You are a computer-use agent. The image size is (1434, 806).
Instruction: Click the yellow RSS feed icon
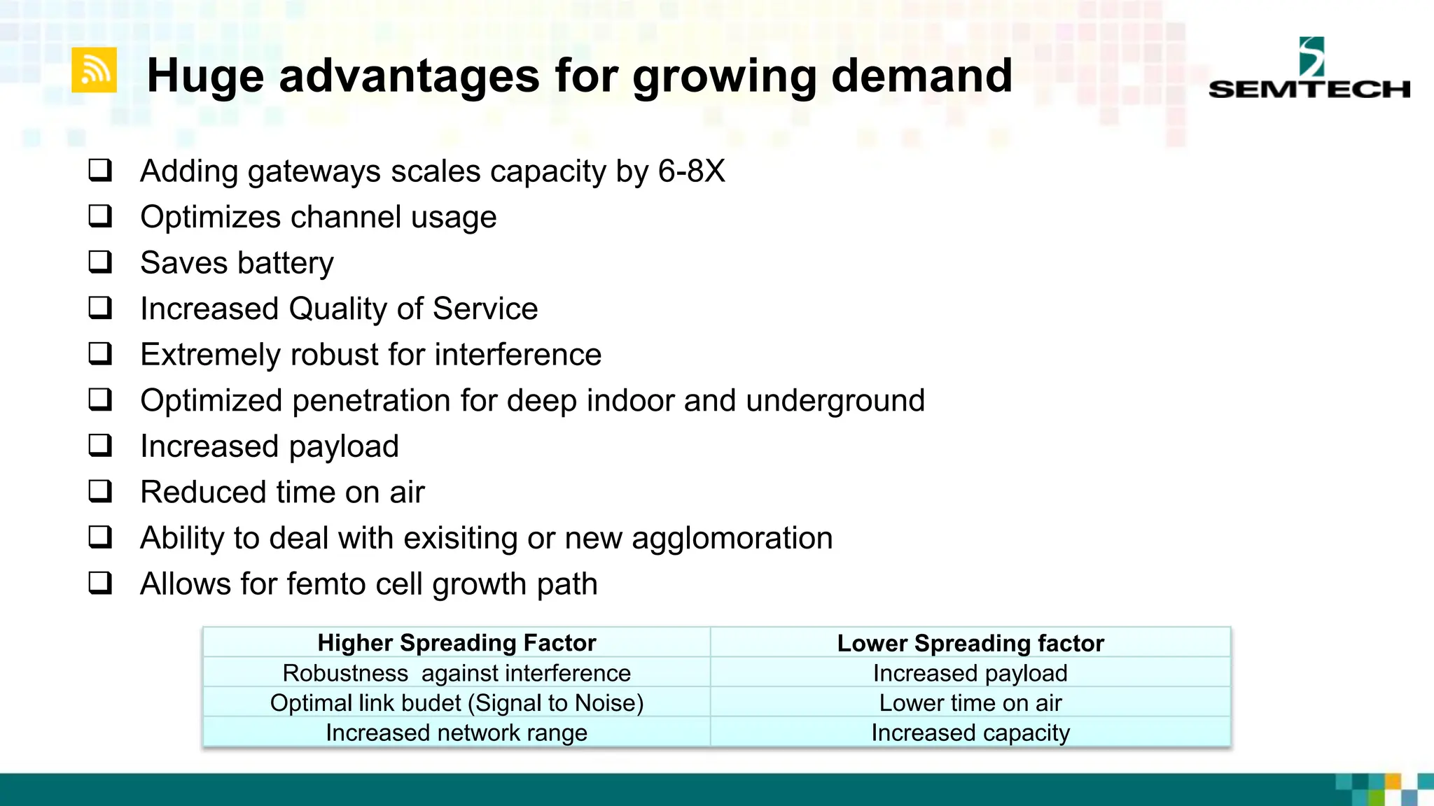pyautogui.click(x=94, y=70)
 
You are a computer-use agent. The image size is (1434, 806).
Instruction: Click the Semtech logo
pyautogui.click(x=1309, y=69)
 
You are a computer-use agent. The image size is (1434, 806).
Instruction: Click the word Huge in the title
pyautogui.click(x=205, y=76)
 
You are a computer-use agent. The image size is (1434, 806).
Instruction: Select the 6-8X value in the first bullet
pyautogui.click(x=690, y=171)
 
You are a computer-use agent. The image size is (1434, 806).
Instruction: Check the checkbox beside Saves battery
pyautogui.click(x=100, y=262)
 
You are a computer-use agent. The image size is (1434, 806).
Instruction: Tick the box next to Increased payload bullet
pyautogui.click(x=100, y=445)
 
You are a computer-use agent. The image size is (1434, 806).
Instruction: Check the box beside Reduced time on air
pyautogui.click(x=100, y=491)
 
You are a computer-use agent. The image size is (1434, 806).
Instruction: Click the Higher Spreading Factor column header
pyautogui.click(x=457, y=642)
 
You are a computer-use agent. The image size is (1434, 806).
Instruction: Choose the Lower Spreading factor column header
pyautogui.click(x=970, y=643)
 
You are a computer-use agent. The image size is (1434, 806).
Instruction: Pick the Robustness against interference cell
pyautogui.click(x=457, y=673)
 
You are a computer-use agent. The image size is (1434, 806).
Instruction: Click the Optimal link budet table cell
pyautogui.click(x=457, y=703)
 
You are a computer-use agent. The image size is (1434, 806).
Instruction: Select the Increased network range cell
pyautogui.click(x=457, y=733)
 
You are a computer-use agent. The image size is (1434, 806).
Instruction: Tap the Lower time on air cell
pyautogui.click(x=970, y=703)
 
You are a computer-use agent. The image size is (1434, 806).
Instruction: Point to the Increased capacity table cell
pyautogui.click(x=970, y=733)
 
